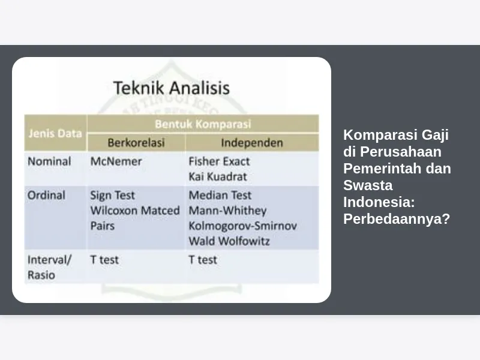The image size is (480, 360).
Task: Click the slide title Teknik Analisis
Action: pos(172,88)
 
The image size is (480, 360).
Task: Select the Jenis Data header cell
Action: pos(55,133)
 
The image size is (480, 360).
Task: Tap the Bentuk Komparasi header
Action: pos(203,124)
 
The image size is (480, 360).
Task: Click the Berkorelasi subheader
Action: pos(136,143)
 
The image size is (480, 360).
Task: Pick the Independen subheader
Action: pos(252,143)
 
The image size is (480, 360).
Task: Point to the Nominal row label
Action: pos(49,161)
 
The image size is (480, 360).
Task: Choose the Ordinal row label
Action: pos(47,196)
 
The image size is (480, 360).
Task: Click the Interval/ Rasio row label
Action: pos(49,267)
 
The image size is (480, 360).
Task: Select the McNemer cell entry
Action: pos(116,161)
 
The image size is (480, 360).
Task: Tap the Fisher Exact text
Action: pos(219,161)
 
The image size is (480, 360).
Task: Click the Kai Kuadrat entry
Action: pos(218,176)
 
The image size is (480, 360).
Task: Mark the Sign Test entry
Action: pos(112,196)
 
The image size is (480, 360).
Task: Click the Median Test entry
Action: pos(220,196)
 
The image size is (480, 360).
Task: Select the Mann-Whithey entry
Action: pos(227,211)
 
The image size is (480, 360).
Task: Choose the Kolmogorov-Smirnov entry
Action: pos(243,226)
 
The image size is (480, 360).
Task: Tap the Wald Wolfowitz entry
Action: pos(229,241)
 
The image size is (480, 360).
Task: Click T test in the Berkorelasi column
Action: pos(104,260)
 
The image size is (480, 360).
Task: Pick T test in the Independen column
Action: pos(203,260)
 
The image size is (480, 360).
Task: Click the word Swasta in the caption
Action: pos(368,185)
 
